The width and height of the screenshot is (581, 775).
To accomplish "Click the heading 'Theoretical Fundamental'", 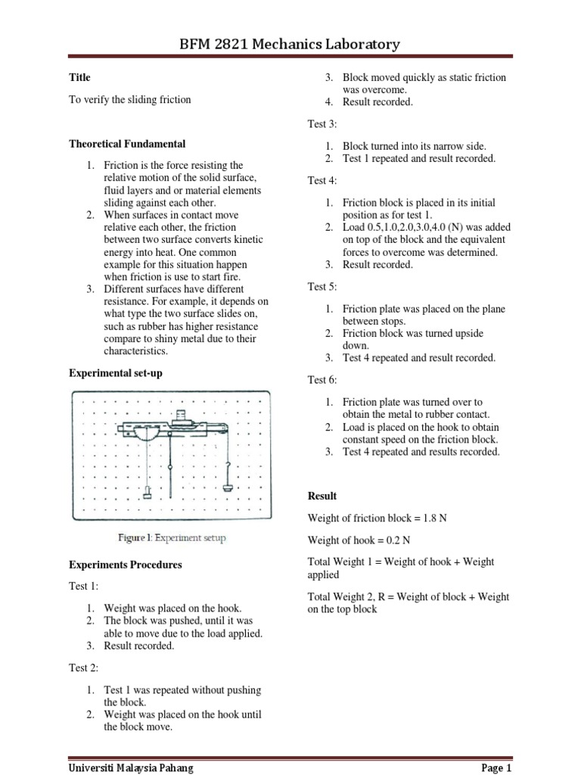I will (x=127, y=144).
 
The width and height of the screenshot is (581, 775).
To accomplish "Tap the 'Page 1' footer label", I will (x=496, y=767).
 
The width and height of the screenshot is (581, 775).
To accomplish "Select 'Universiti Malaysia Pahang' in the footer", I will (x=130, y=767).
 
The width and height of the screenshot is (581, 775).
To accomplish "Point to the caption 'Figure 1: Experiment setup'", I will (x=171, y=538).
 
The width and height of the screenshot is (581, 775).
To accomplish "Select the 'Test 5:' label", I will (x=322, y=286).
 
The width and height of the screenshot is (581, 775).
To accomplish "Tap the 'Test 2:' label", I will (x=84, y=668).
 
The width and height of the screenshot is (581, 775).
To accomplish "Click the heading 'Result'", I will (x=322, y=496).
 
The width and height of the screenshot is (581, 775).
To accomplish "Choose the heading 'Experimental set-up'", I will (x=116, y=373).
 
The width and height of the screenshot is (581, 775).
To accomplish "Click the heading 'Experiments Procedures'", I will (x=126, y=565).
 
